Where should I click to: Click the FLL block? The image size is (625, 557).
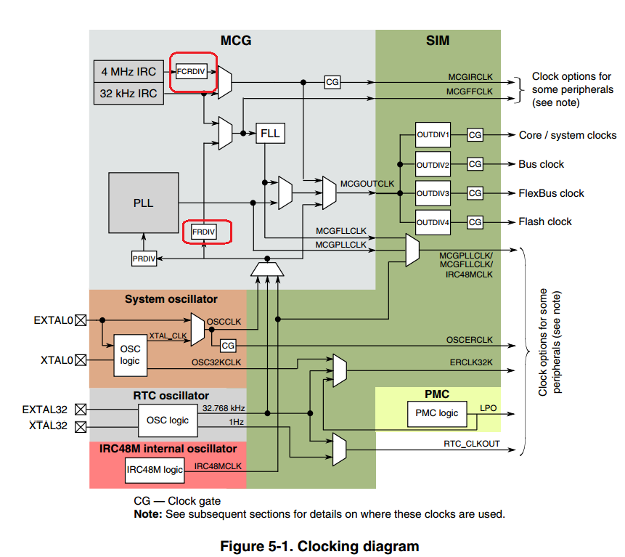[x=269, y=134]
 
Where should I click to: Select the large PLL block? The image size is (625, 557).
[x=144, y=203]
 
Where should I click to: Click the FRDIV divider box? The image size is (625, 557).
[x=204, y=232]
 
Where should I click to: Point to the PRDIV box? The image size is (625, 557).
[x=144, y=258]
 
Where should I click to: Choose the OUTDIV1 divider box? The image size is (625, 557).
[x=433, y=135]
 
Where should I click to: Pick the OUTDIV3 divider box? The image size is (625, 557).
[x=433, y=193]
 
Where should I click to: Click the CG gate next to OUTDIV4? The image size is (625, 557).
[x=475, y=221]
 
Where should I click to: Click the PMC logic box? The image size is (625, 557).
[x=437, y=413]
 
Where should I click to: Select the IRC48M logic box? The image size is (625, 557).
[x=155, y=469]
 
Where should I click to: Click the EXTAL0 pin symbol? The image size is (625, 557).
[x=81, y=320]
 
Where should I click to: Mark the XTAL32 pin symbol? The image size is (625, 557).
[x=81, y=426]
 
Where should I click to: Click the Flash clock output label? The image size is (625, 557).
[x=544, y=221]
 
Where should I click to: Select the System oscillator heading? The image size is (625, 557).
[x=171, y=298]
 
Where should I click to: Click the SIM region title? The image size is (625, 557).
[x=438, y=41]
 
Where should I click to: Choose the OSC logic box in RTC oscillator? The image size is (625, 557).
[x=168, y=420]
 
